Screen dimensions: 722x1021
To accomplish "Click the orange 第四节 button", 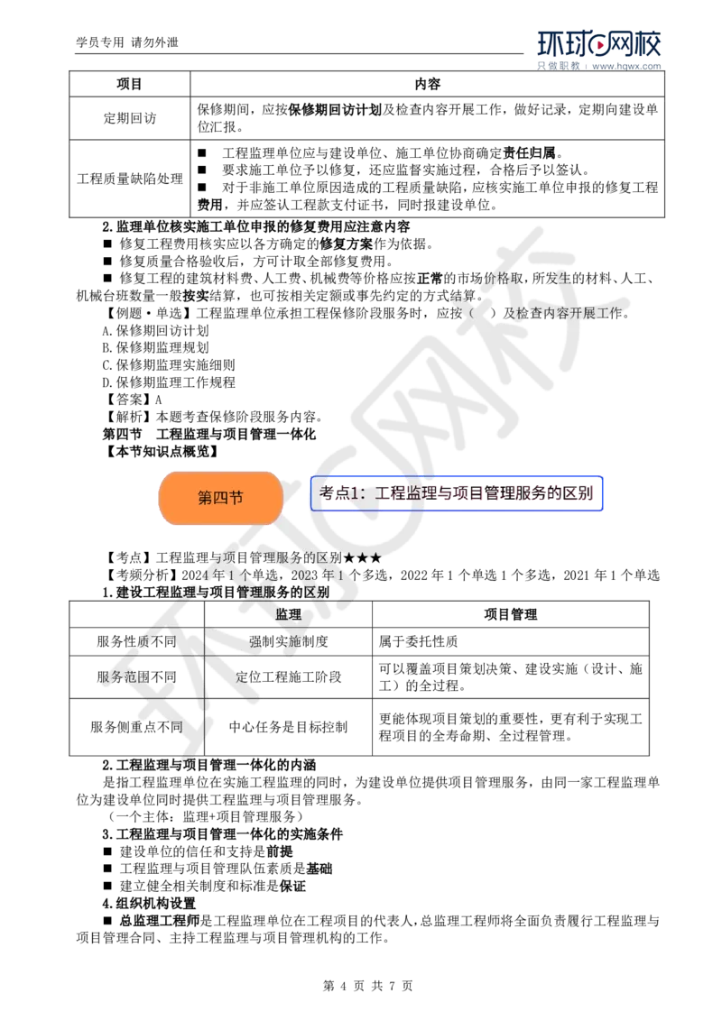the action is pos(220,498).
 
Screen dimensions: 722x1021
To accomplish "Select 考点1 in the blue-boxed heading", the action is pos(339,493).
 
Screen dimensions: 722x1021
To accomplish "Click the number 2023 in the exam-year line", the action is pos(304,575).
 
